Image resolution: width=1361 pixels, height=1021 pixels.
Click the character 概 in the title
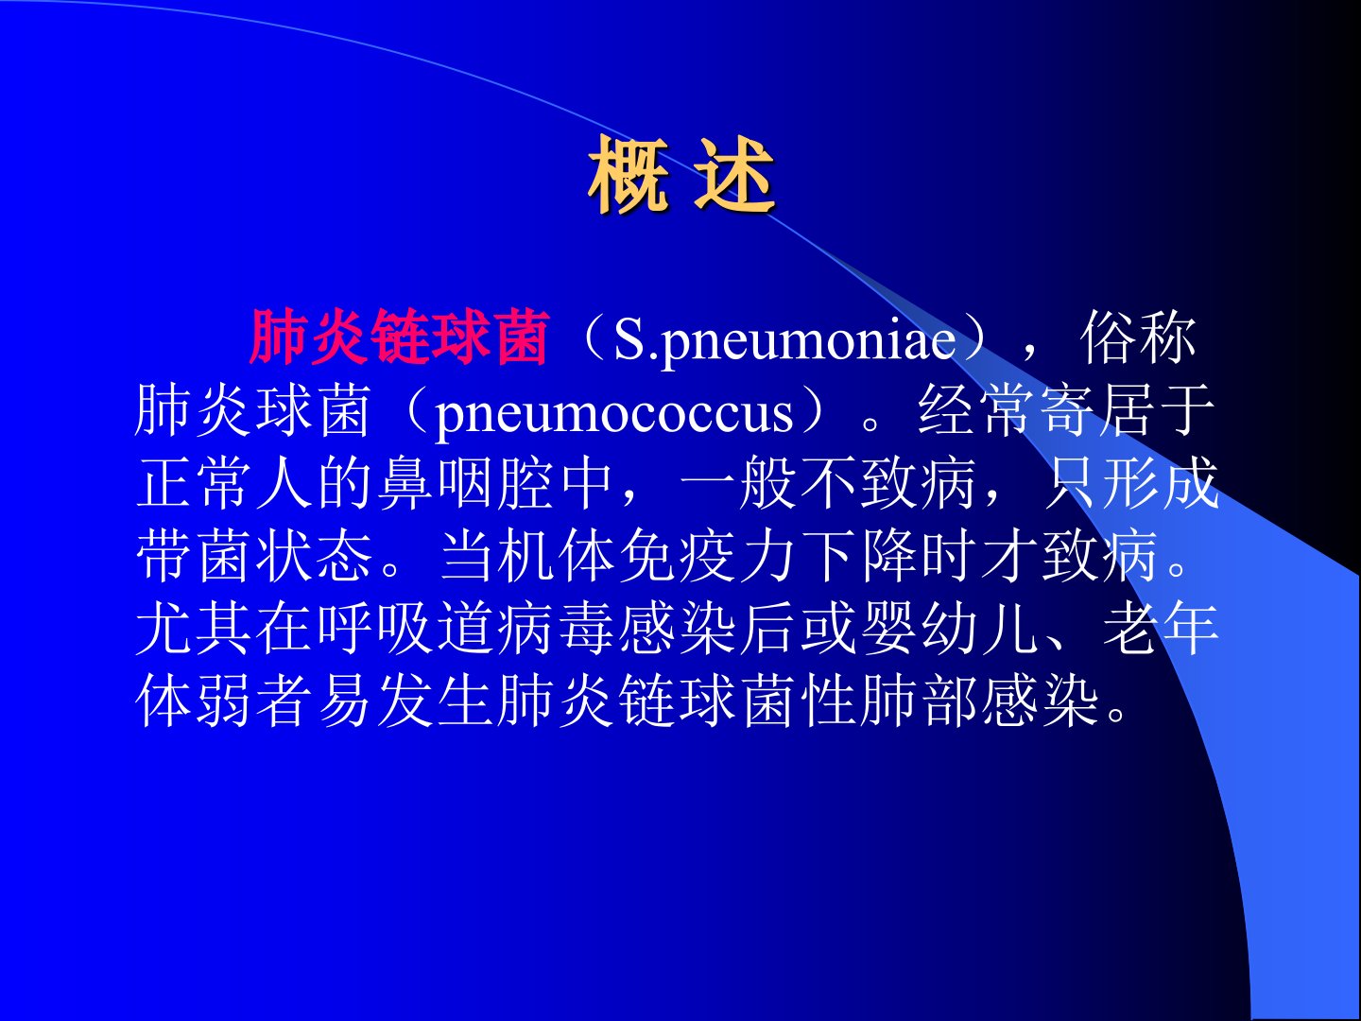click(629, 176)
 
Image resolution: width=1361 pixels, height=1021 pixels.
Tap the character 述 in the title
click(733, 176)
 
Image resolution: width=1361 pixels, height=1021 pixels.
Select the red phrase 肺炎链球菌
click(399, 337)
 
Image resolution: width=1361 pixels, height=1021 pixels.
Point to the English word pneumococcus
click(614, 412)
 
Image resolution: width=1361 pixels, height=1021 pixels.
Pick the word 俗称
click(1138, 337)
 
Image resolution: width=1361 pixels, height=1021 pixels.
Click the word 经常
click(975, 409)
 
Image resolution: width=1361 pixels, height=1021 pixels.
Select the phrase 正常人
click(224, 482)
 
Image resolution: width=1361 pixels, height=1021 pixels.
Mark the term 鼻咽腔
click(466, 482)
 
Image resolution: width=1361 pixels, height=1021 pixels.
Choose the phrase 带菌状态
click(254, 555)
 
